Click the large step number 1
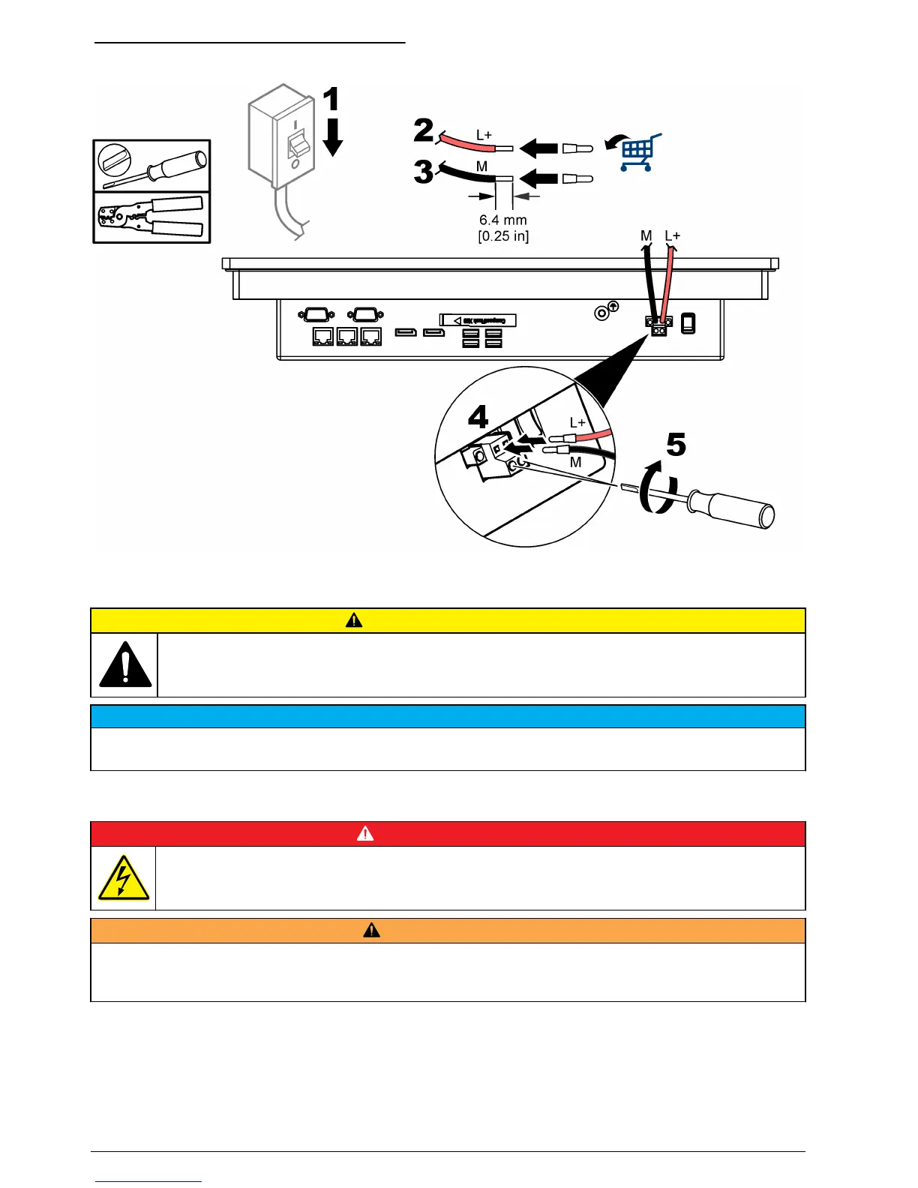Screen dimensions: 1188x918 click(331, 100)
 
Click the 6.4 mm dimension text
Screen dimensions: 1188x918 click(503, 220)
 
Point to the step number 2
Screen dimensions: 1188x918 click(424, 130)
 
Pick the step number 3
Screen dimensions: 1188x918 click(424, 172)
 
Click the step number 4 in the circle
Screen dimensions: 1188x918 click(478, 417)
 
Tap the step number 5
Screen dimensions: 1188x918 click(676, 445)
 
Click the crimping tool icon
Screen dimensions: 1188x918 click(151, 217)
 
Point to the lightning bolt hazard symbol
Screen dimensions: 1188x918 click(124, 877)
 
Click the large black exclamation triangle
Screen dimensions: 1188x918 click(125, 665)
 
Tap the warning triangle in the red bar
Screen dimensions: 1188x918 click(365, 833)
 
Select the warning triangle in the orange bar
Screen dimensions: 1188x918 click(371, 931)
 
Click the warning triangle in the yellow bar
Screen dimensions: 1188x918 click(354, 620)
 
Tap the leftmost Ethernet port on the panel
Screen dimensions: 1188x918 click(322, 337)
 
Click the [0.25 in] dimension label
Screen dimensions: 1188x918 click(503, 236)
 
